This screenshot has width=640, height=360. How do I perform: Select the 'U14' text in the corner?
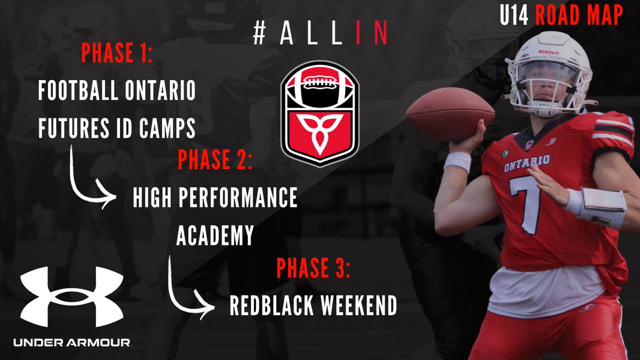point(515,16)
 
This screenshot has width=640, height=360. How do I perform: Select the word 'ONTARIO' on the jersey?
point(527,162)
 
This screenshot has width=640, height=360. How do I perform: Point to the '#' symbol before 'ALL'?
point(259,34)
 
